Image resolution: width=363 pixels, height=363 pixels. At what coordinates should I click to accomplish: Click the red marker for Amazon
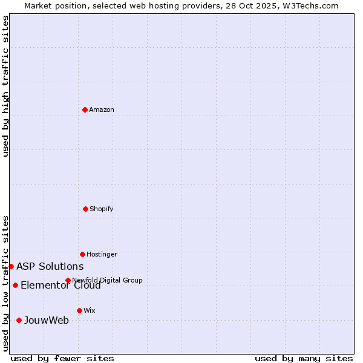coord(85,110)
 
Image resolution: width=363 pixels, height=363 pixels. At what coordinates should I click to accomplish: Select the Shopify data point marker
coord(86,209)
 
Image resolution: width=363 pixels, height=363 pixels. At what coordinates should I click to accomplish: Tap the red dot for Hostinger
coord(82,254)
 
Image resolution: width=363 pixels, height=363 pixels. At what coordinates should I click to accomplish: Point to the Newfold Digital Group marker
coord(68,280)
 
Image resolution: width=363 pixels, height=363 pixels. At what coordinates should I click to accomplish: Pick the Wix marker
coord(79,310)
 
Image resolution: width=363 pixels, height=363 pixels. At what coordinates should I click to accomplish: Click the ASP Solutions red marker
coord(11,266)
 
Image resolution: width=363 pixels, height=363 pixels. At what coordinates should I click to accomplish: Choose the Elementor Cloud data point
coord(15,285)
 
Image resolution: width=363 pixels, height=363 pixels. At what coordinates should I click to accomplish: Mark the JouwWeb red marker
coord(19,320)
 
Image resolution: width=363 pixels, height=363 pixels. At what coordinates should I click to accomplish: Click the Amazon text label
coord(102,110)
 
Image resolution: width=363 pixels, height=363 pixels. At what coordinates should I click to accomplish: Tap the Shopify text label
coord(102,209)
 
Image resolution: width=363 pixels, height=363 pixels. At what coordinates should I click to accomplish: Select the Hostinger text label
coord(102,254)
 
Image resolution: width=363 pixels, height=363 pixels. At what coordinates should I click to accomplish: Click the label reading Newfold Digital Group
coord(107,280)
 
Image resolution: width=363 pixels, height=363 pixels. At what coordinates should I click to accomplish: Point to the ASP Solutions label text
coord(50,266)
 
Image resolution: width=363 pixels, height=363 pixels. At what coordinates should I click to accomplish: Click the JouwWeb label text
coord(47,320)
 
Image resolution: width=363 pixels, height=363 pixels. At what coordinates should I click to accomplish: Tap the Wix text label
coord(90,310)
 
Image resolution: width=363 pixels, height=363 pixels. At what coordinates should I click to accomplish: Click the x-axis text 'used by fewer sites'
coord(62,358)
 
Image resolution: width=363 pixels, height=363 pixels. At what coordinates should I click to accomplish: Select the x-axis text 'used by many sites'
coord(304,358)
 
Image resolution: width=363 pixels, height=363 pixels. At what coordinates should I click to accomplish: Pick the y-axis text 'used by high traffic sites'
coord(5,86)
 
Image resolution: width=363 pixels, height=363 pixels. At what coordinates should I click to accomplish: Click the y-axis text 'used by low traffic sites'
coord(5,283)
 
